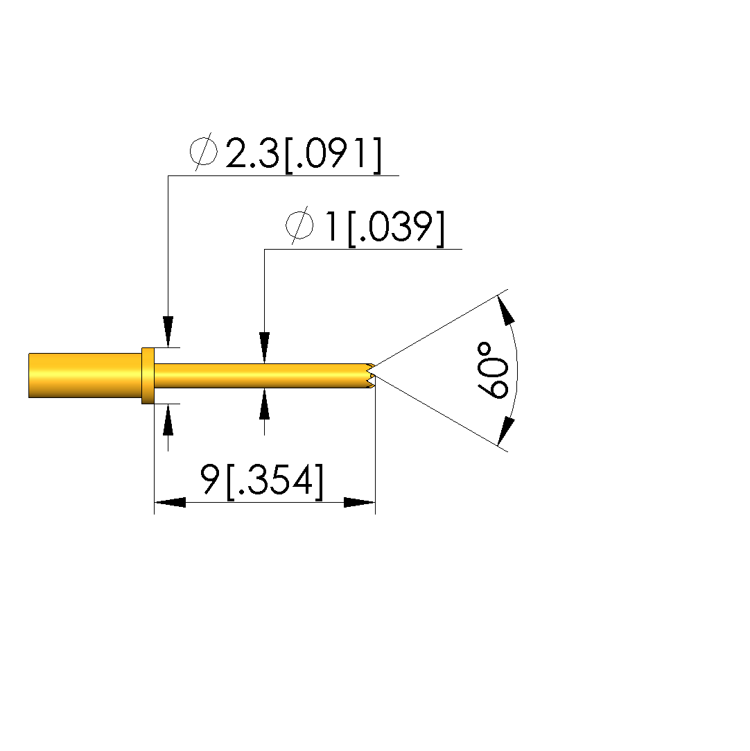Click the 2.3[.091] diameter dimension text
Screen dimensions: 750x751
304,154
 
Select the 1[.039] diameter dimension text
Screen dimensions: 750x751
385,227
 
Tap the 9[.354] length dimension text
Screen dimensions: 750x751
262,479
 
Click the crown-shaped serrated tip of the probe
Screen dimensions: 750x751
370,376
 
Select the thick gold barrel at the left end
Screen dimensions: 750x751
85,376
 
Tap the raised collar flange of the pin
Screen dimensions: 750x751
148,376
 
